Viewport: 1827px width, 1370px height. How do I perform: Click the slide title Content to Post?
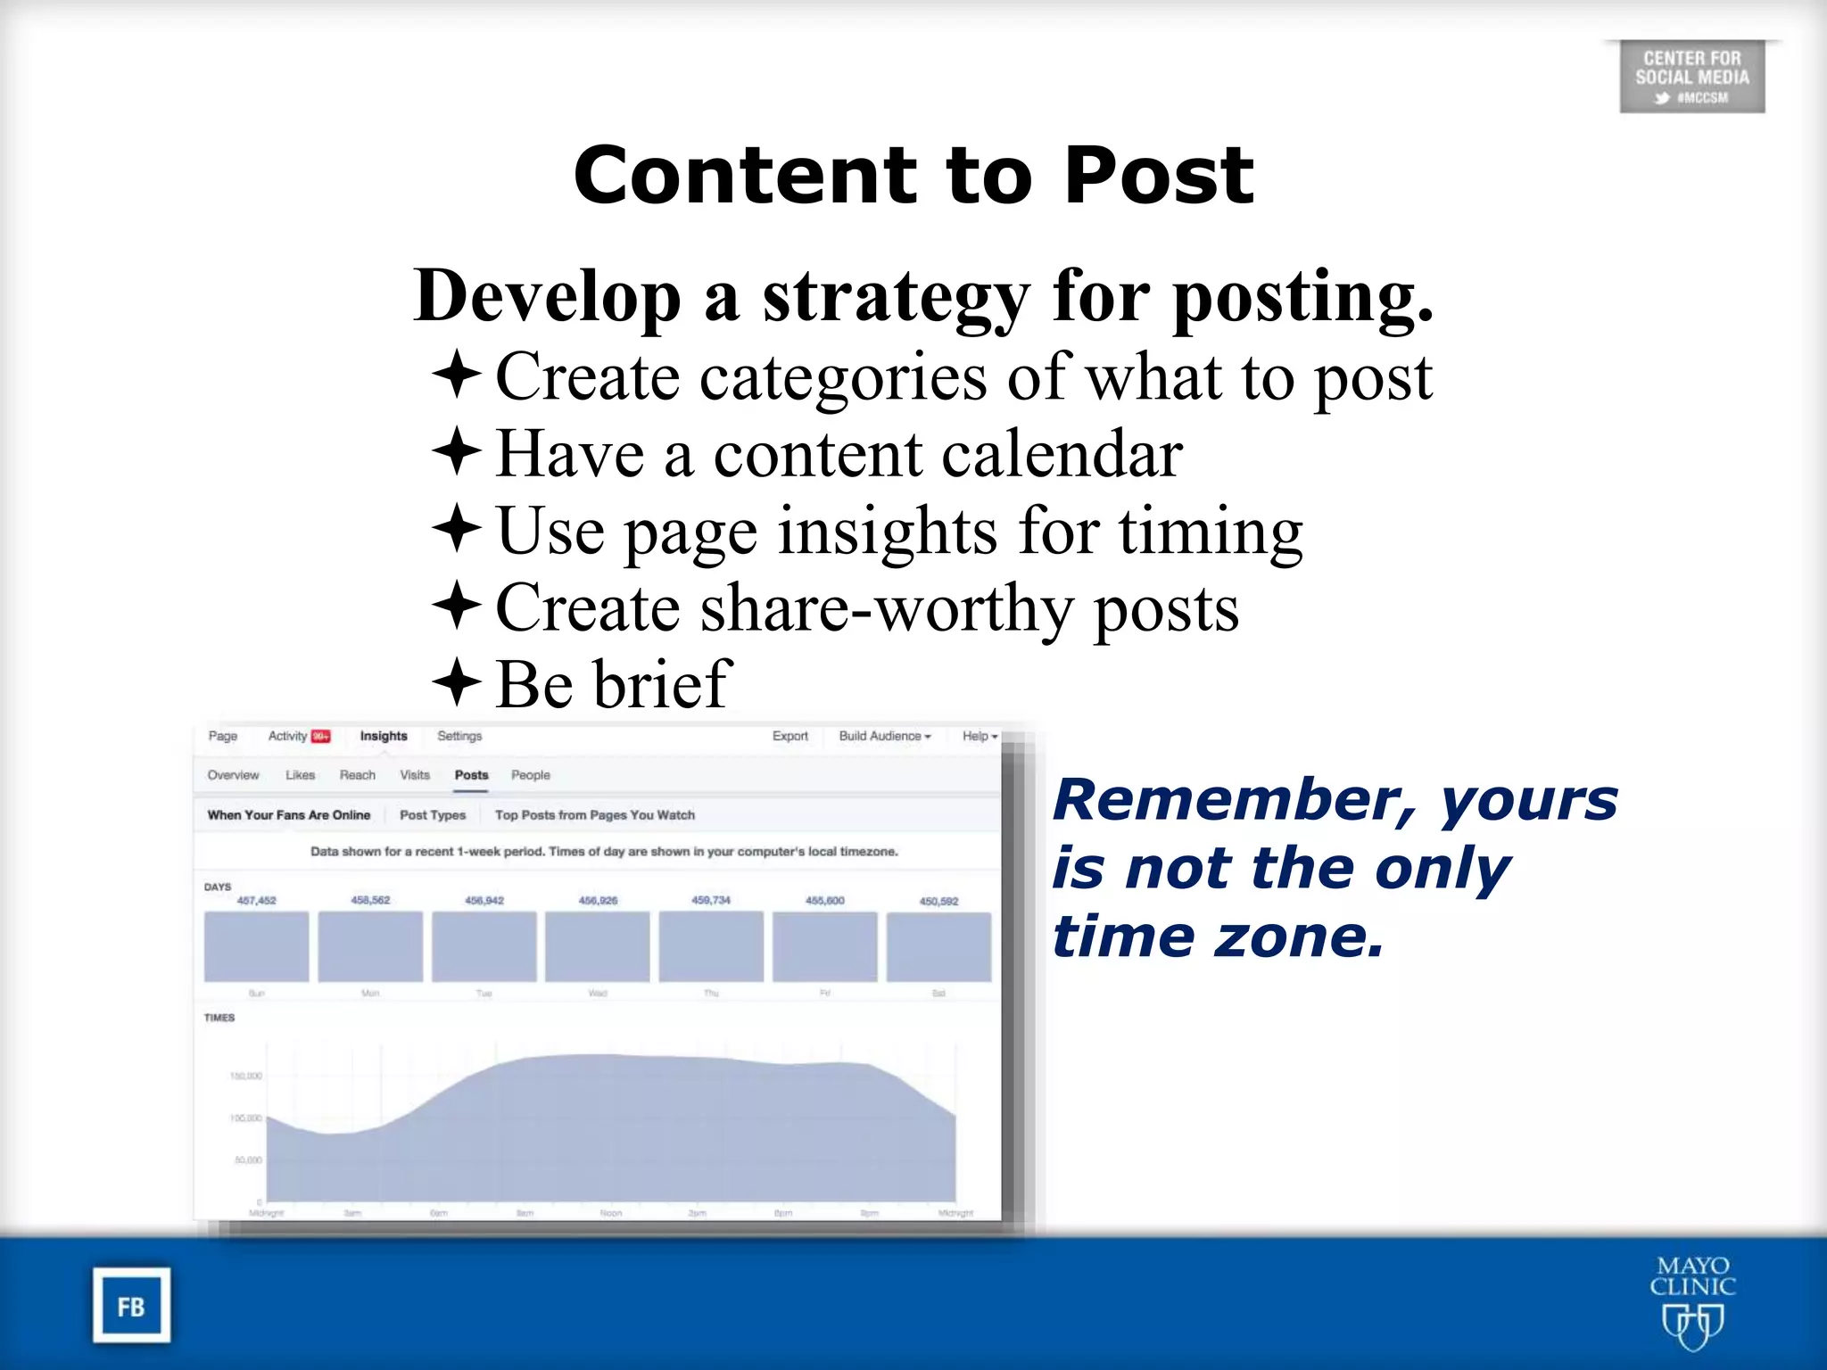[913, 176]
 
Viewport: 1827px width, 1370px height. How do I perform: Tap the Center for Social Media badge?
[1691, 77]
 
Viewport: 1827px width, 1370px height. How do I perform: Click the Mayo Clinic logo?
[1692, 1301]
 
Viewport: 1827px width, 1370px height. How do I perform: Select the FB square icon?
[131, 1306]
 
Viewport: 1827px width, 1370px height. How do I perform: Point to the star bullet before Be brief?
[458, 682]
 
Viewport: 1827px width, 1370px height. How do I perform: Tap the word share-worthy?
[887, 608]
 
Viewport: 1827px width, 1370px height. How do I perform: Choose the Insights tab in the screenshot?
[384, 736]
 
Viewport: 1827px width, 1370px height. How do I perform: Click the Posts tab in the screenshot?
[471, 775]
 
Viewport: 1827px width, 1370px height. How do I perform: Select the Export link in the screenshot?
[789, 736]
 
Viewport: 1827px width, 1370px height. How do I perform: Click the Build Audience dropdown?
[884, 736]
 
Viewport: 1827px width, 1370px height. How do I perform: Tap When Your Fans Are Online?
[288, 814]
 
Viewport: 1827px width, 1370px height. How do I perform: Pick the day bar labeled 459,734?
[711, 946]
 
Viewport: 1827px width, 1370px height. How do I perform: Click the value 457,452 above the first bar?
[256, 900]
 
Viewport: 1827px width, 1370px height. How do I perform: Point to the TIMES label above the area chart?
[219, 1017]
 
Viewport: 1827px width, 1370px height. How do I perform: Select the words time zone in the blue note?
[1217, 937]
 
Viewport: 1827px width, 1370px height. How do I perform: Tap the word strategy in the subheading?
[896, 296]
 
